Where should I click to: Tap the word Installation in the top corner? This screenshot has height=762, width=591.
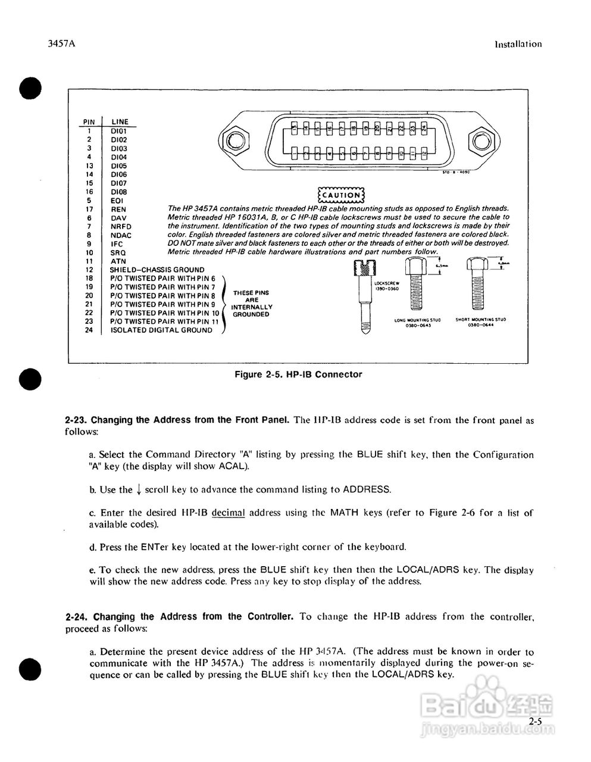click(518, 44)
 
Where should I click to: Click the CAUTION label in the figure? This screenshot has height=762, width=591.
click(341, 195)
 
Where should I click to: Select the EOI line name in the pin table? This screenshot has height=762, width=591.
click(117, 201)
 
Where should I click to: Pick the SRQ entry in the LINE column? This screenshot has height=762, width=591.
click(118, 252)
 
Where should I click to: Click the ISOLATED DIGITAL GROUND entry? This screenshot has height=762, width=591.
click(161, 330)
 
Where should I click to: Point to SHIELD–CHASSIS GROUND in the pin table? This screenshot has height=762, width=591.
click(157, 270)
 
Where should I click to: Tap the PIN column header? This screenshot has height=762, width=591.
click(89, 122)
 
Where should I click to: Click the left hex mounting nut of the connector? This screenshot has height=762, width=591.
click(234, 140)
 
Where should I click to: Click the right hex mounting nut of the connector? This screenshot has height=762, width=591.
click(480, 140)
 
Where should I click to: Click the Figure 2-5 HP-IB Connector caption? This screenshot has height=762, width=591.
click(298, 374)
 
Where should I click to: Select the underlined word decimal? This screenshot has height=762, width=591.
click(228, 513)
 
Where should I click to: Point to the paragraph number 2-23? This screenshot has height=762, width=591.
click(76, 420)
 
